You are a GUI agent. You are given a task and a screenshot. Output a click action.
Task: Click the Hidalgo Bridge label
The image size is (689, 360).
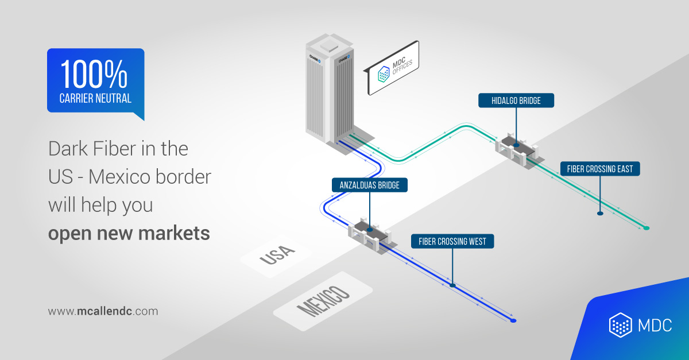coord(516,101)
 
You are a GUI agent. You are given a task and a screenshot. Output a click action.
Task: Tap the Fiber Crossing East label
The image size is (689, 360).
coord(599,169)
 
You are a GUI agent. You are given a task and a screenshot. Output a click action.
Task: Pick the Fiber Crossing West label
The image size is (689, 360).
coord(452,241)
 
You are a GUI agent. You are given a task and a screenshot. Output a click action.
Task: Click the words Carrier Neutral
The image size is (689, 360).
coord(95,98)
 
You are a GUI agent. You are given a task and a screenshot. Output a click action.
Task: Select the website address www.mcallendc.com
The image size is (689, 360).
coord(103,311)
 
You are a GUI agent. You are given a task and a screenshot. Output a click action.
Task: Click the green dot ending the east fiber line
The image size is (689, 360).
coord(647,228)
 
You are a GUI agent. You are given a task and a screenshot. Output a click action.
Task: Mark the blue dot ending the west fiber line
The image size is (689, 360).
coord(513,320)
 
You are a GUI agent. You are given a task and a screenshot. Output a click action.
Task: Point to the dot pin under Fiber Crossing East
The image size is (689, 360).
coord(600,213)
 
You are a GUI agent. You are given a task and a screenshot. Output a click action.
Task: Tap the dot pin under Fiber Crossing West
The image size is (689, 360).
coord(452,285)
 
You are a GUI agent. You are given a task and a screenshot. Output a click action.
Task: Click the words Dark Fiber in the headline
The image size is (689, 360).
coord(86,149)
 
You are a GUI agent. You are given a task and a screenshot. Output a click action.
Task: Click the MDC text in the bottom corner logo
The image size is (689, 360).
coord(655,326)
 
